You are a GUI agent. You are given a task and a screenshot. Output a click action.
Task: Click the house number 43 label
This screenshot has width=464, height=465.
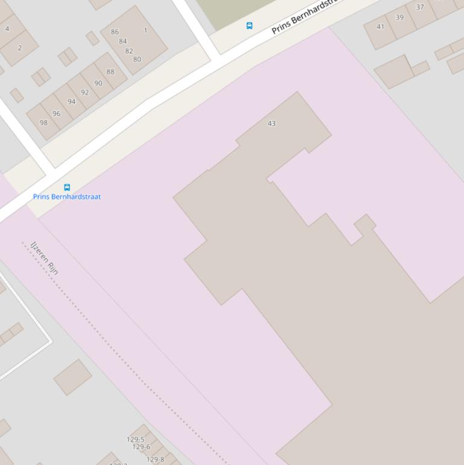click(272, 123)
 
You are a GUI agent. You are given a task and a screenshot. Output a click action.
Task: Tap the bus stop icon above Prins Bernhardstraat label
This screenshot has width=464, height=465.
click(67, 187)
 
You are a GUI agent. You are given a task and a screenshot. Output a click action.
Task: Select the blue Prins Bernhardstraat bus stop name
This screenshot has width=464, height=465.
click(67, 197)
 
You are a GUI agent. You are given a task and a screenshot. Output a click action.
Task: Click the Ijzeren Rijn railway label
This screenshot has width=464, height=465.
click(45, 258)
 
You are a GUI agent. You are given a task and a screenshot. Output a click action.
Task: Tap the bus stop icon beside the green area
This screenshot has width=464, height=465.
click(249, 25)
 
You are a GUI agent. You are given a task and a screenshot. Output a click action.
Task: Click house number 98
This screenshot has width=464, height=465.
click(43, 123)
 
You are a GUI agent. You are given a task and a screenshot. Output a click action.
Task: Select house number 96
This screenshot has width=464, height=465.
click(57, 113)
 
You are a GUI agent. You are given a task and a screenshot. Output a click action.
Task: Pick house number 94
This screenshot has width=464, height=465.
click(72, 101)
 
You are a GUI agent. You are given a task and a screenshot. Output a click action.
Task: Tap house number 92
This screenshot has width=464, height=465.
click(85, 92)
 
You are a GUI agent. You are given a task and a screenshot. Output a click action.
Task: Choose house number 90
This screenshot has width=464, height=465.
click(98, 83)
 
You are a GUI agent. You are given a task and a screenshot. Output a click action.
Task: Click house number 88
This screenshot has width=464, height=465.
click(110, 72)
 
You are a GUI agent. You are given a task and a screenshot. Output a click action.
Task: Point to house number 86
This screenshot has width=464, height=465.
click(115, 32)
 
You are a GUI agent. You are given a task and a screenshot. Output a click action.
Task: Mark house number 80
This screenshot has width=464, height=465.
click(137, 59)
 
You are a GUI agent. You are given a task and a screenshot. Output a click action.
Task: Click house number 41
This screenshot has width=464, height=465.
click(380, 27)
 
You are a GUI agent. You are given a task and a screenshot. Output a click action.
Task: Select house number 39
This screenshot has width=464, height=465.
click(399, 18)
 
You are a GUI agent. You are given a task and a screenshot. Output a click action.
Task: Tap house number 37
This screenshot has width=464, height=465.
click(420, 7)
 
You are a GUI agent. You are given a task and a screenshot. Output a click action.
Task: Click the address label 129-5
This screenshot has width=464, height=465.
click(136, 440)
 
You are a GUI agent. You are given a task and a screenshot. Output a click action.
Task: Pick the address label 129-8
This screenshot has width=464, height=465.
click(155, 460)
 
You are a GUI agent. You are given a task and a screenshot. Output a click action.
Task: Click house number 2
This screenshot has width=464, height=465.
click(20, 48)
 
